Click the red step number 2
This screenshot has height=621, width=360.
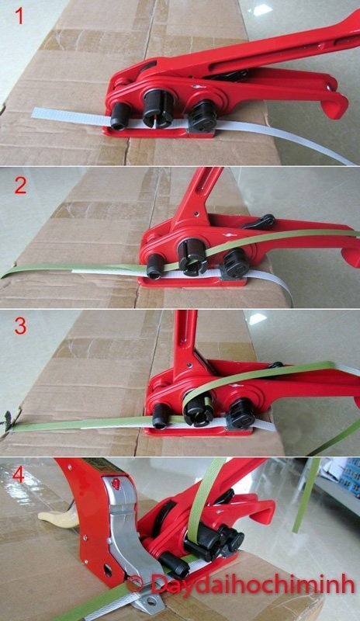(21, 186)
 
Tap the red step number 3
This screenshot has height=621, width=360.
(20, 326)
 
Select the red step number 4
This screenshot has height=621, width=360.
(19, 475)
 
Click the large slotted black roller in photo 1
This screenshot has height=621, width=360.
(157, 108)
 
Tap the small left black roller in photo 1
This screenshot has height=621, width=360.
(120, 116)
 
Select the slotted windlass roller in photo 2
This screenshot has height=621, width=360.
(192, 256)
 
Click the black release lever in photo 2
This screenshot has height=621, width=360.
(260, 222)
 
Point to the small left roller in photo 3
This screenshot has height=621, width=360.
(161, 415)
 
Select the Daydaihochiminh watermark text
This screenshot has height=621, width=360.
(252, 585)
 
